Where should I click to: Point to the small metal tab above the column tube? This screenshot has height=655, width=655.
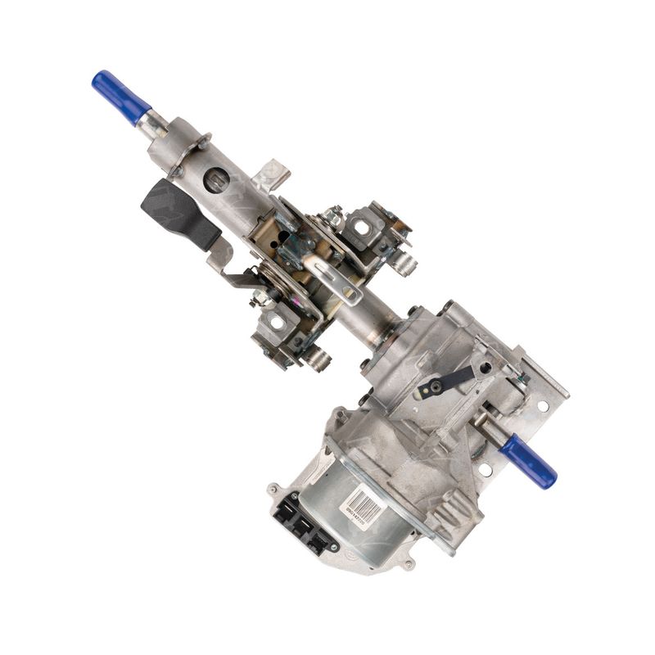point(269,174)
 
